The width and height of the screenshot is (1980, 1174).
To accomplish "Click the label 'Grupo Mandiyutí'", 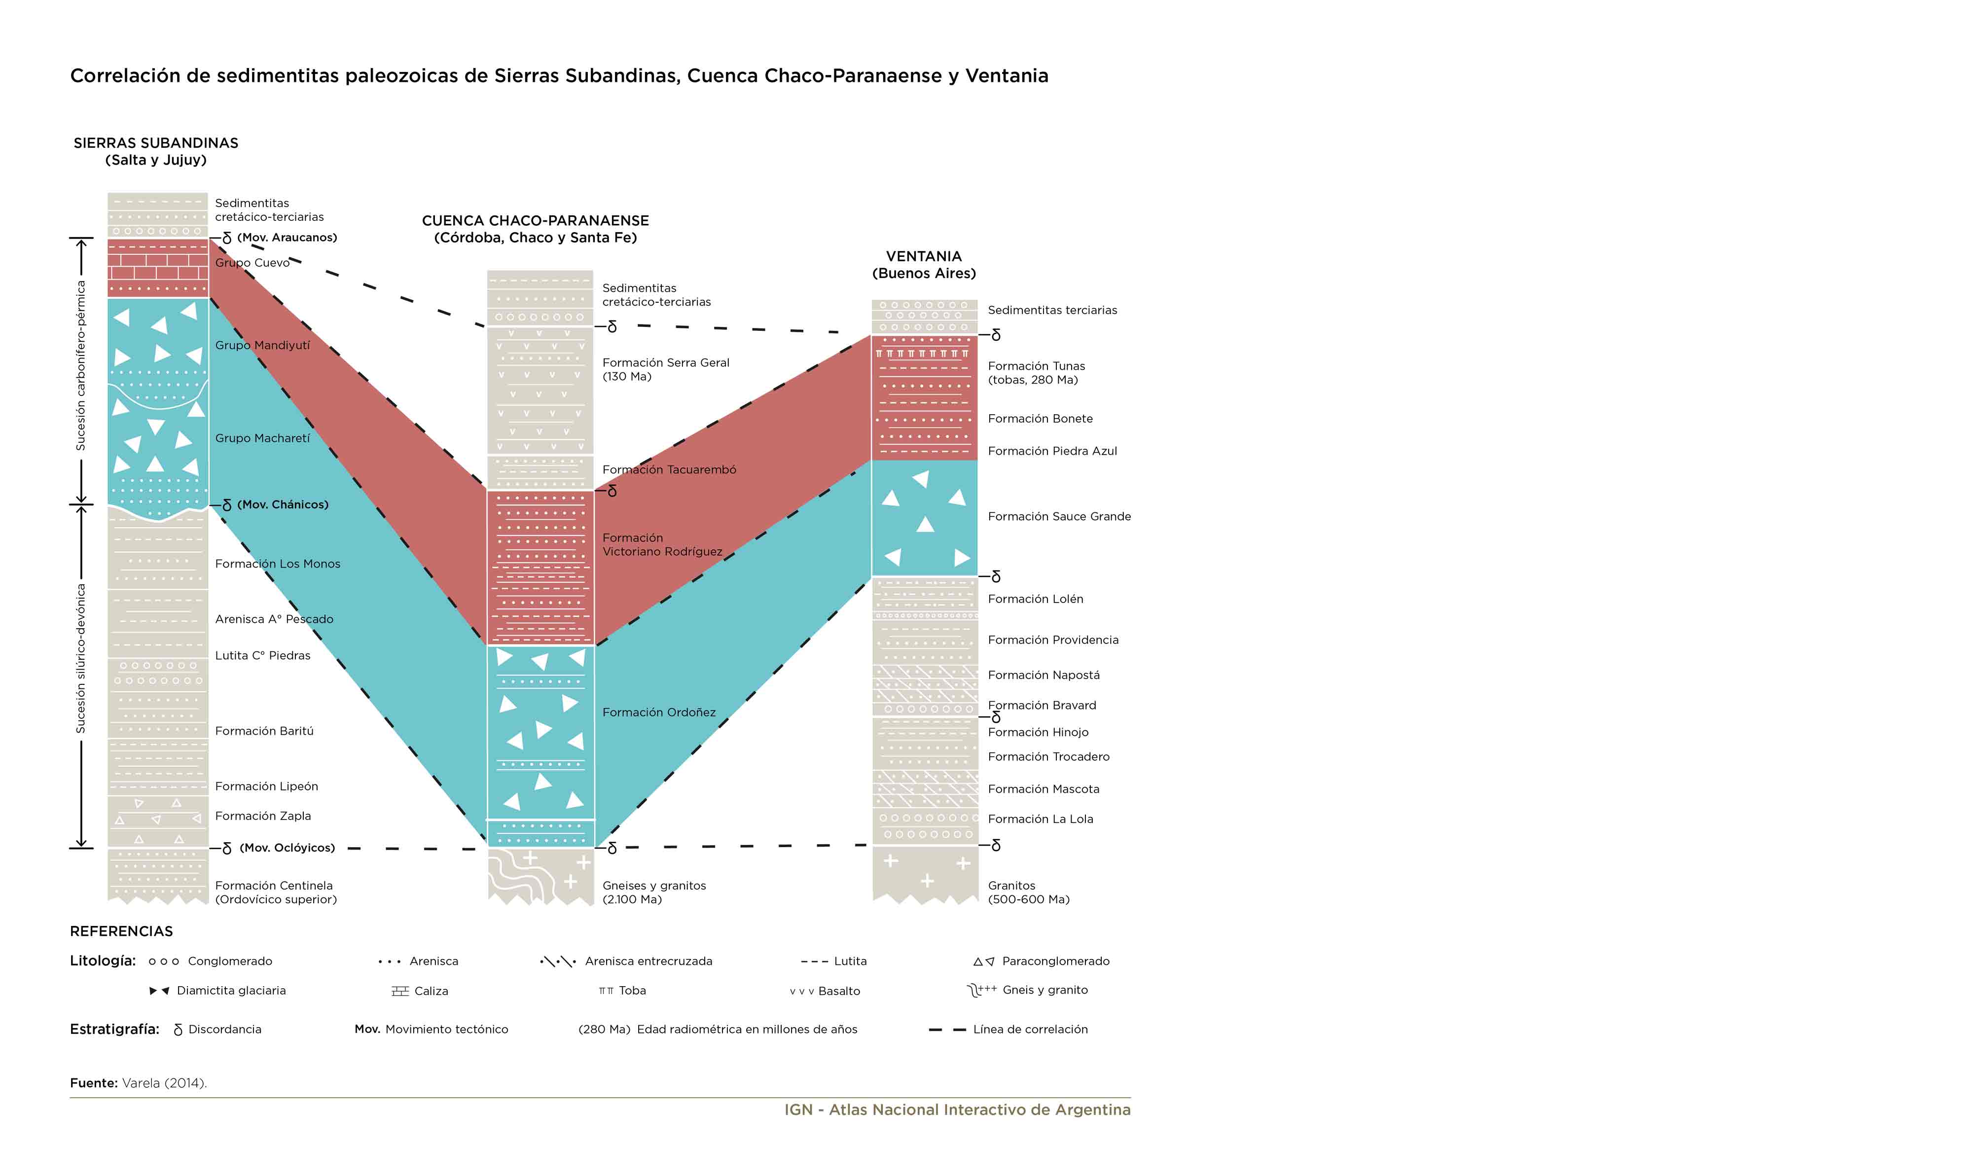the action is coord(263,346).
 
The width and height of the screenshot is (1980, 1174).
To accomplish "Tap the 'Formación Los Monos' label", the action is coord(278,564).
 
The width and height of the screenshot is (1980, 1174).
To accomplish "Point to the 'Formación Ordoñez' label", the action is coord(659,713).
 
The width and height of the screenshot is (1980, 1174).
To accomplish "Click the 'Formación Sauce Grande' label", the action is coord(1059,517).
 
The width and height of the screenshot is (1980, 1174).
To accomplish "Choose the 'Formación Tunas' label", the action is coord(1036,366).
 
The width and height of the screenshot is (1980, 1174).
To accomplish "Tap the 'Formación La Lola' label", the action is coord(1040,819).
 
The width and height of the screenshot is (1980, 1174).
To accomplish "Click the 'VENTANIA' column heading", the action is coord(923,256).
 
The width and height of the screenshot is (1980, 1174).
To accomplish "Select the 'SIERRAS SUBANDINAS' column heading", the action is coord(156,143).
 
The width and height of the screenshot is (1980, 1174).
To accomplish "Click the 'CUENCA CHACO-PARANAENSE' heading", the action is coord(536,221).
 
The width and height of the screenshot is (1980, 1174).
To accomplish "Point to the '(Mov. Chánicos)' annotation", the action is coord(283,505).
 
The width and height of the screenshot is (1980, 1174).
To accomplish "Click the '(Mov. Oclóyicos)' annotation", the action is coord(287,848).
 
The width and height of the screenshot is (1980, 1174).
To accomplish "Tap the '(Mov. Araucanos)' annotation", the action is coord(287,237).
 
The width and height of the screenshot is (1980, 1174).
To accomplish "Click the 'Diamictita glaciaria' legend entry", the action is coord(217,991).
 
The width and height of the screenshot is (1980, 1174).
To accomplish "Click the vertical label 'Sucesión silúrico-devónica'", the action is coord(81,659).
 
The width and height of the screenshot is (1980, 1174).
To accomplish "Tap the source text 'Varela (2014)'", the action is coord(165,1083).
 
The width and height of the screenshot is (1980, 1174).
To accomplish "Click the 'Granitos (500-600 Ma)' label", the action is coord(1028,892).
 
